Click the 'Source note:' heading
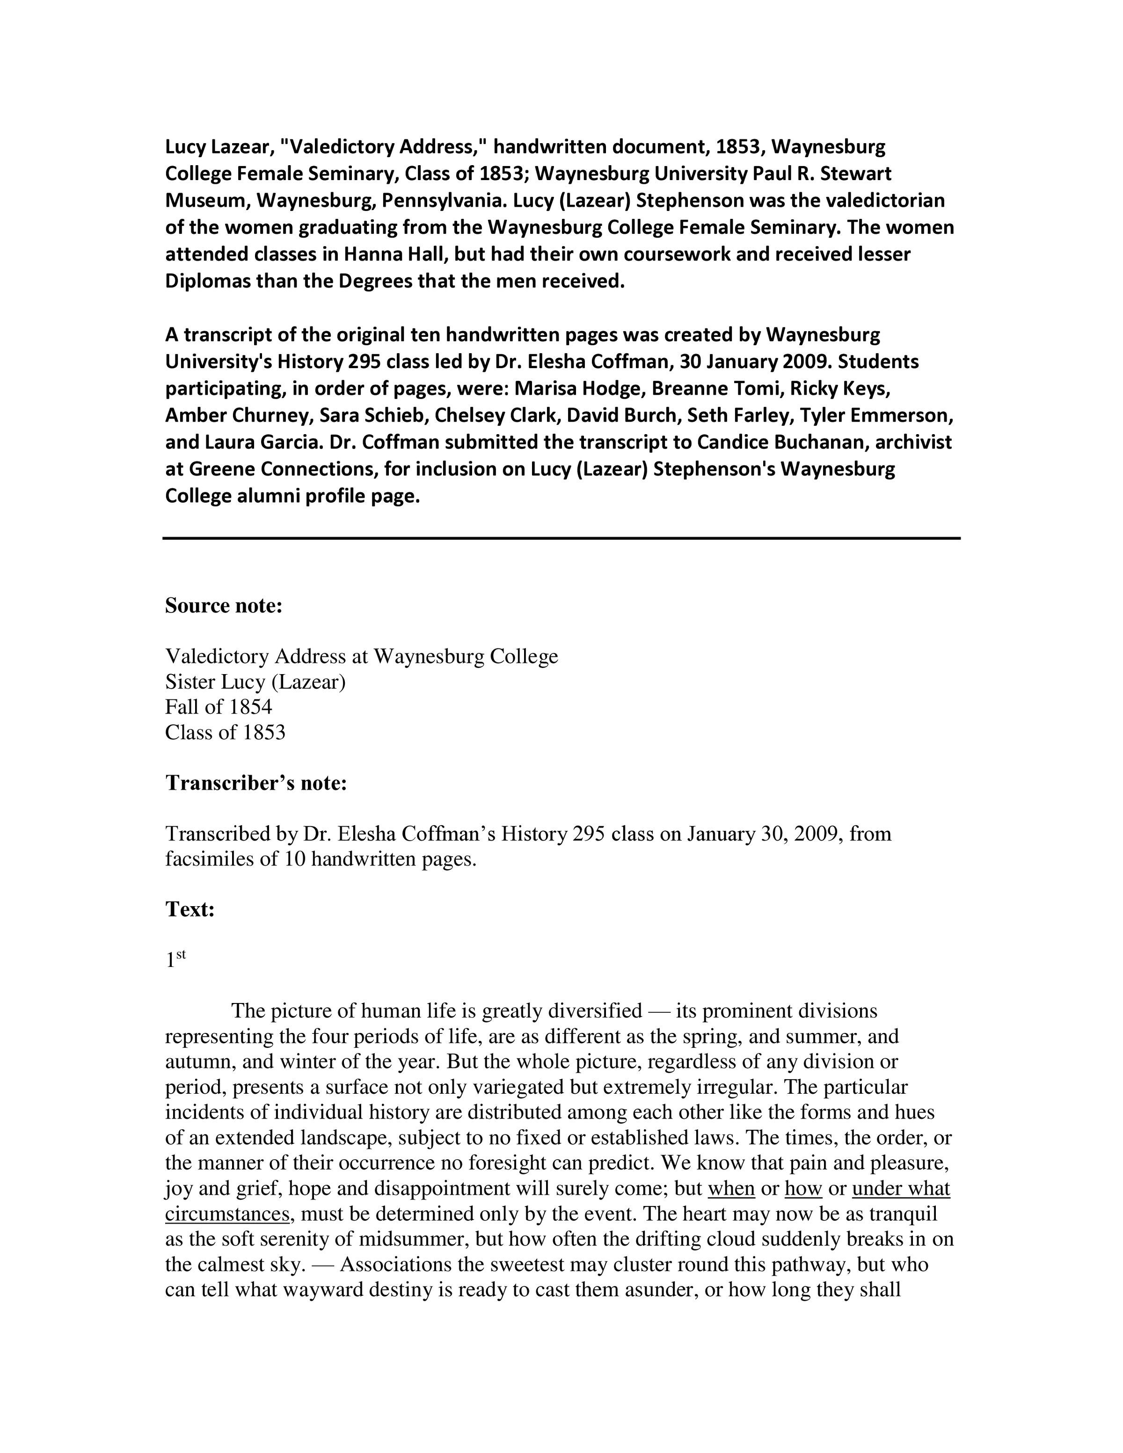tap(224, 606)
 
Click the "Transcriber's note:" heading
tap(256, 783)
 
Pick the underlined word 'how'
tap(804, 1188)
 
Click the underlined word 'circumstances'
tap(227, 1213)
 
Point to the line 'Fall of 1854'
tap(219, 706)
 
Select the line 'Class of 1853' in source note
tap(225, 733)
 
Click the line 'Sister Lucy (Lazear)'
tap(255, 681)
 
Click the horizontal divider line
tap(561, 538)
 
